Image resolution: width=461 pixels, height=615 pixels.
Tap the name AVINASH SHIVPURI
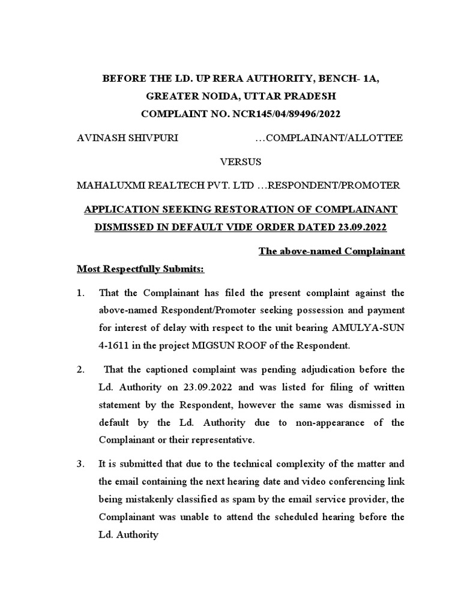pyautogui.click(x=127, y=138)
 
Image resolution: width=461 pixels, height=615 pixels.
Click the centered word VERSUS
pyautogui.click(x=241, y=162)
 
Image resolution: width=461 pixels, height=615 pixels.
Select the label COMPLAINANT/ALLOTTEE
pyautogui.click(x=335, y=138)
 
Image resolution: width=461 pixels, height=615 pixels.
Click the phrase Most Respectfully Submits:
pyautogui.click(x=140, y=269)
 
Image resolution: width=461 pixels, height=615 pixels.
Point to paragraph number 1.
pyautogui.click(x=81, y=292)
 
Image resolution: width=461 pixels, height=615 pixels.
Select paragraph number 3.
pyautogui.click(x=81, y=464)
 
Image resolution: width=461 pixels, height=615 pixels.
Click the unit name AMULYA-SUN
pyautogui.click(x=377, y=329)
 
